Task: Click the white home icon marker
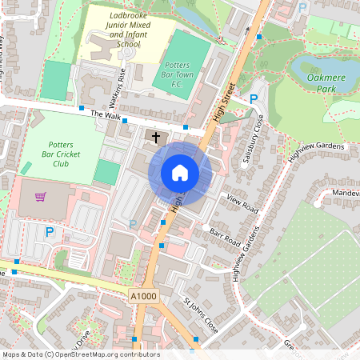point(180,172)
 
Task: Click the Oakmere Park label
point(326,82)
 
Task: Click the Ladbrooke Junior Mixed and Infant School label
point(126,30)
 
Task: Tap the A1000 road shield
point(144,297)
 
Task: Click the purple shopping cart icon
point(40,196)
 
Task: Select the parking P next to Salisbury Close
point(254,99)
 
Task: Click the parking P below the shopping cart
point(49,232)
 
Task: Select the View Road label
point(242,203)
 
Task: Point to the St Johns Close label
point(200,315)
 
